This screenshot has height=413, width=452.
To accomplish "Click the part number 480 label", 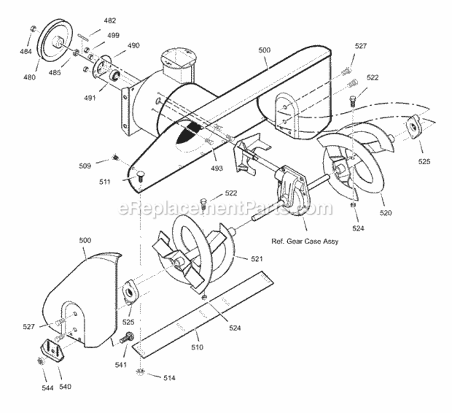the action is coord(29,77).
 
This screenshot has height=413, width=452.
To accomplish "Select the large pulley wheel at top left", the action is coord(55,42).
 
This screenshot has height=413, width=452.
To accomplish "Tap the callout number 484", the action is coord(26,52).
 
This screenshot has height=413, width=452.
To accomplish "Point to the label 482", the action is coord(110,20).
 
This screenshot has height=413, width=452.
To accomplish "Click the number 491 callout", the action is coord(90,98).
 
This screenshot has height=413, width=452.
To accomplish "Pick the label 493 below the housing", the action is coord(217,168).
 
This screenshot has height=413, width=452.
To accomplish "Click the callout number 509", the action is coord(85,166).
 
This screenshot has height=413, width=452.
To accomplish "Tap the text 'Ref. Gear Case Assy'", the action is coord(305,241).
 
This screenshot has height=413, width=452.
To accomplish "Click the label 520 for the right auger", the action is coord(385,213).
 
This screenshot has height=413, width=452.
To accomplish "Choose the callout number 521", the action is coord(257,259).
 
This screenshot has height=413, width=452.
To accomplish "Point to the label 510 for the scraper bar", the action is coord(197,347).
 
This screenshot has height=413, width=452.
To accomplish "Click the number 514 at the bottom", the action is coord(169,378).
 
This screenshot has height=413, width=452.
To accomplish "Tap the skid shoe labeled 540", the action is coord(52,350).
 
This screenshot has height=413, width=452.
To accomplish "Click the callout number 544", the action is coord(47,388).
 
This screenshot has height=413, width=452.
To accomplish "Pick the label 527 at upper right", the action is coord(361,46).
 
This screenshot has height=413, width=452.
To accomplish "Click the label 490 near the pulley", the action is coord(134,45).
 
